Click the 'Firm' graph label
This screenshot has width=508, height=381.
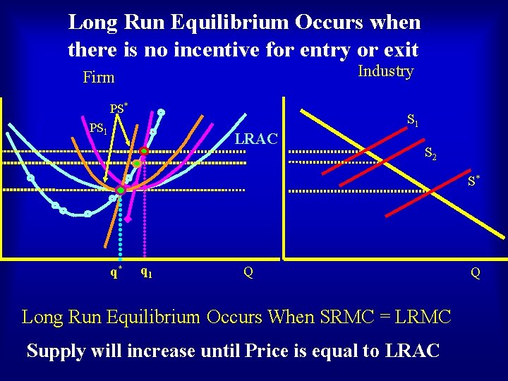click(98, 77)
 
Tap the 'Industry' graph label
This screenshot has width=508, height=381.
click(385, 71)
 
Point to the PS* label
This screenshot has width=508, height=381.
click(118, 109)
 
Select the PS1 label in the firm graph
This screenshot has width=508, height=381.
click(98, 128)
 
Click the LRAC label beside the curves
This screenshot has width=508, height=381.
click(256, 138)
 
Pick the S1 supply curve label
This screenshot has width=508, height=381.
click(413, 121)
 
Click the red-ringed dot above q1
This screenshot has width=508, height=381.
click(144, 151)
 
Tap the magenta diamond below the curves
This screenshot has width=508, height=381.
click(128, 219)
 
